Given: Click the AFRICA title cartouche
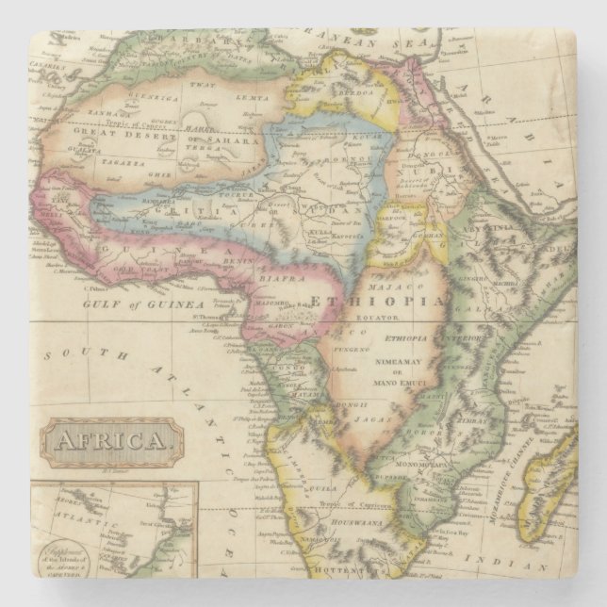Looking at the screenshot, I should click(x=111, y=439).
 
